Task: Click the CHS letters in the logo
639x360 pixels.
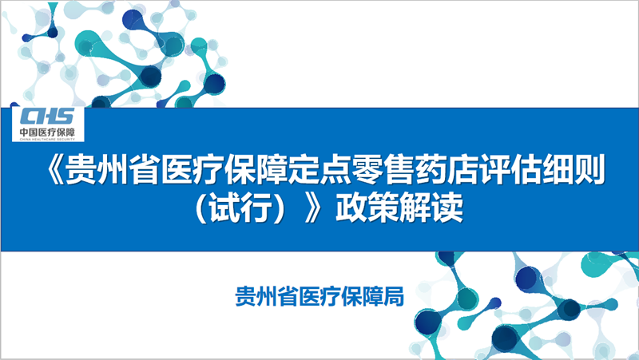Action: [47, 117]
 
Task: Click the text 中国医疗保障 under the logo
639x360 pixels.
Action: [47, 133]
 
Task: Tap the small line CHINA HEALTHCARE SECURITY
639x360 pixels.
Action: [47, 139]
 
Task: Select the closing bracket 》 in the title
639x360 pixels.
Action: [314, 208]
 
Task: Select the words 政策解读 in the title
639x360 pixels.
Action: [399, 208]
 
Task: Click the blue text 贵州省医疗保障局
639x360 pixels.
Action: [320, 296]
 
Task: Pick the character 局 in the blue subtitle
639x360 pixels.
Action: [394, 296]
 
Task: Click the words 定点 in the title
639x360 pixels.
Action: [319, 170]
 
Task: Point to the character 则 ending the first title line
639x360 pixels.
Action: [590, 170]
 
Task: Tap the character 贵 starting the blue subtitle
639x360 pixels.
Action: [246, 296]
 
